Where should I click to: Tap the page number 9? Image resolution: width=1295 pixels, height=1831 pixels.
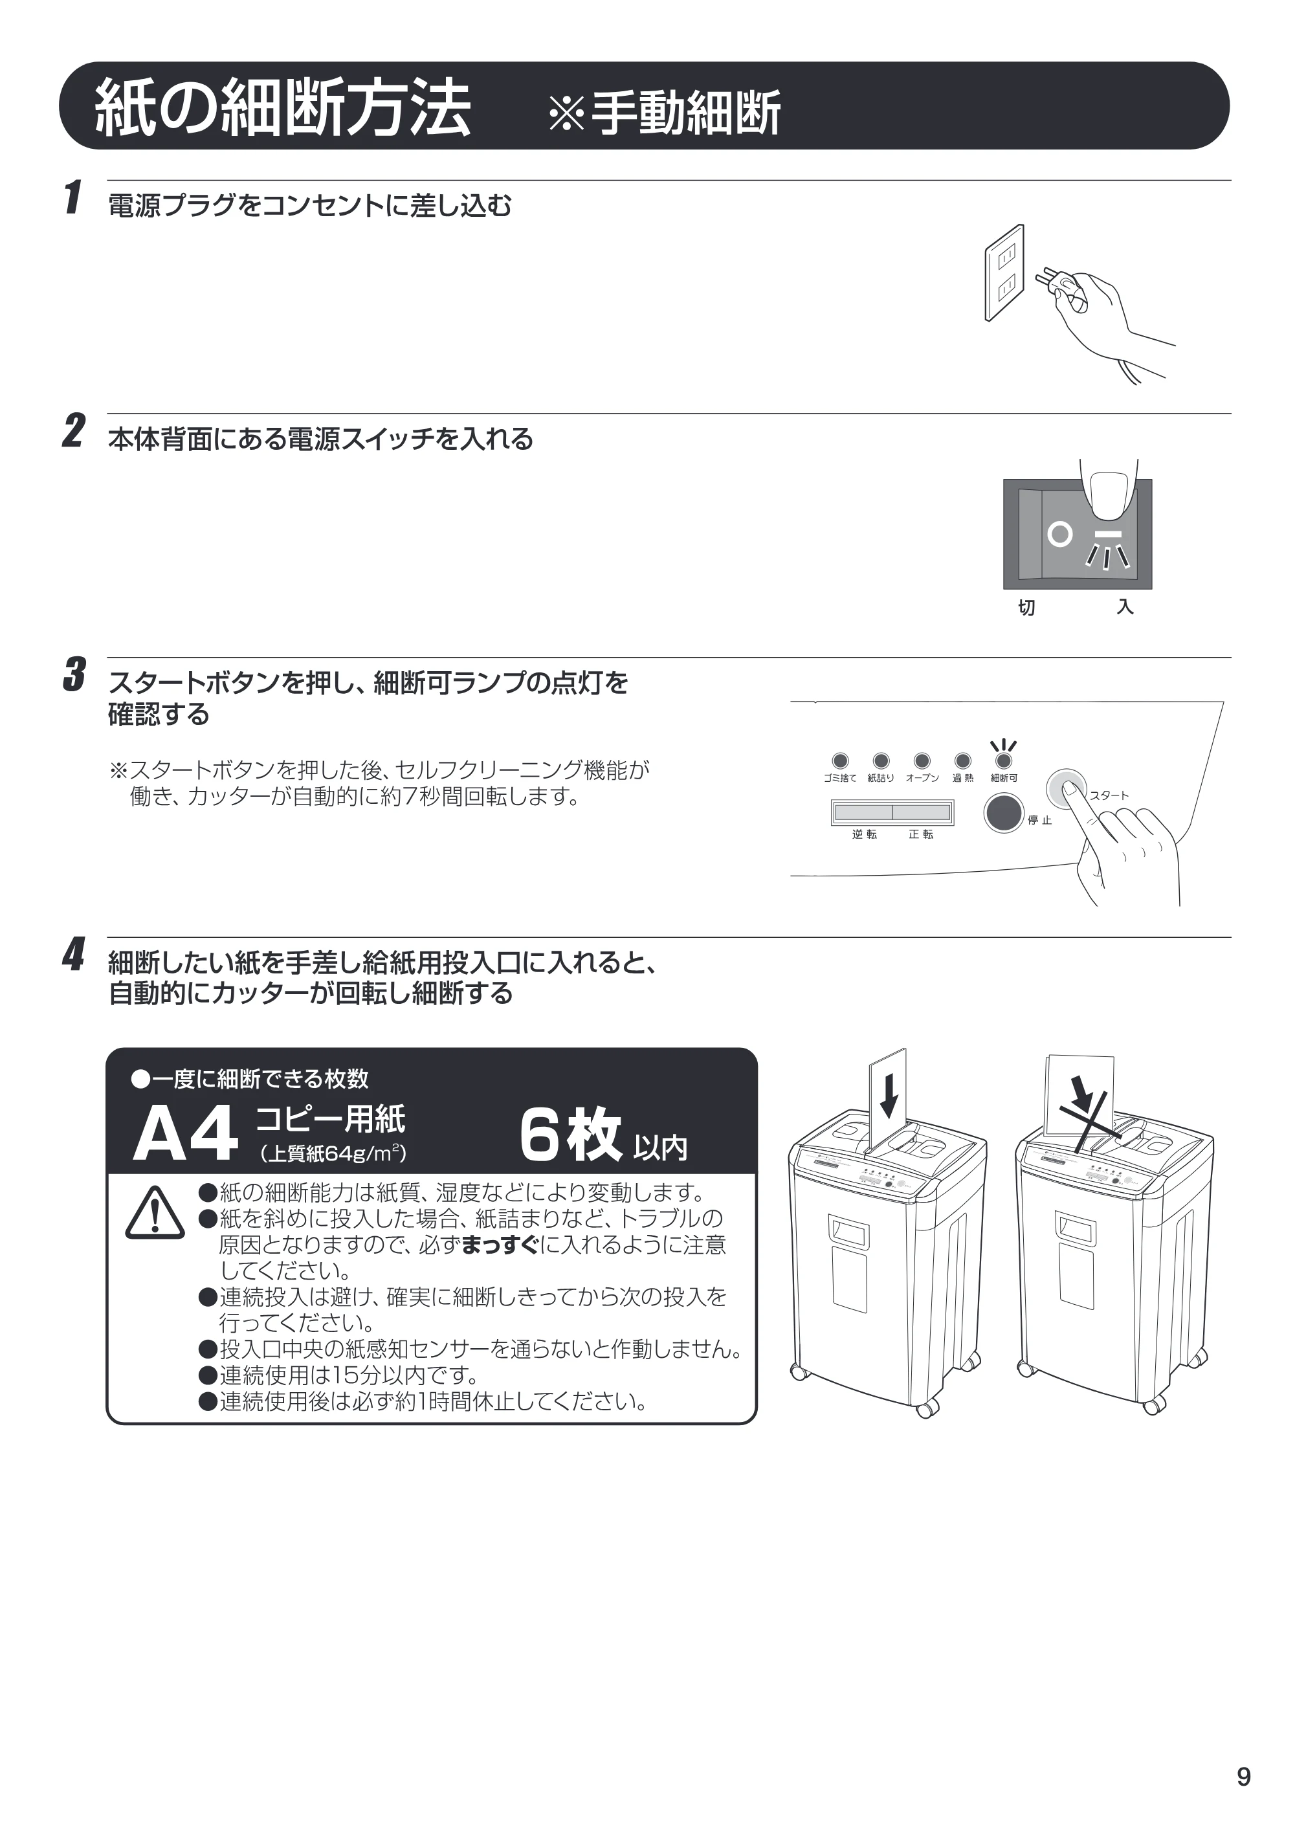coord(1243,1777)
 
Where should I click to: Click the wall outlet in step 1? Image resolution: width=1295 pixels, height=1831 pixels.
coord(1004,272)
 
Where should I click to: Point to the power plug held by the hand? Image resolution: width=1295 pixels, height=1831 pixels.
coord(1052,282)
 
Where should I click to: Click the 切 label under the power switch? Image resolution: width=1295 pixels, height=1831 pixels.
coord(1026,608)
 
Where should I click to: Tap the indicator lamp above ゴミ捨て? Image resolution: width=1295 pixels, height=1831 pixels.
coord(841,760)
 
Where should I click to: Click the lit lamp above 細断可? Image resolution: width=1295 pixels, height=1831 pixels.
coord(1004,760)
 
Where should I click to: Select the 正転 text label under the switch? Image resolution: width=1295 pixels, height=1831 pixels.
coord(921,834)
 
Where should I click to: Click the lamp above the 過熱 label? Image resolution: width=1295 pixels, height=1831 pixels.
coord(962,760)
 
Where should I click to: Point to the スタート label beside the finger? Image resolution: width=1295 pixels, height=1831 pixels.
coord(1109,795)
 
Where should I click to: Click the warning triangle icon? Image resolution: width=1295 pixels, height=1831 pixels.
coord(155,1213)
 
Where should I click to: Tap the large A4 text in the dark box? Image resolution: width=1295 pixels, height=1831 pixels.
coord(185,1133)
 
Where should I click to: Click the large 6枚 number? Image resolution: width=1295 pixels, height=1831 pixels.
coord(570,1135)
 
